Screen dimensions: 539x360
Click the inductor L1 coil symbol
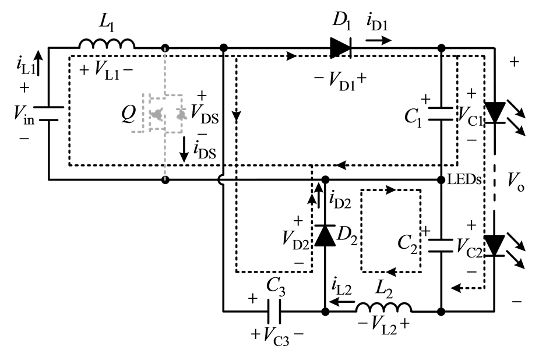[107, 44]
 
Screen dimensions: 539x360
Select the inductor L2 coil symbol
[383, 307]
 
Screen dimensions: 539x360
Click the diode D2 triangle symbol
[325, 235]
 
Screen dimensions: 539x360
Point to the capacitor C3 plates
[274, 312]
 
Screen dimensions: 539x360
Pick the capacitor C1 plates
[441, 114]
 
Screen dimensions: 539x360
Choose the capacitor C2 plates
[441, 246]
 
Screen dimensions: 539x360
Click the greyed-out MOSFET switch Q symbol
[162, 114]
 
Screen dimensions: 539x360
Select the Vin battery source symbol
[48, 114]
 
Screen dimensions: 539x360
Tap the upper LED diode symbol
[495, 112]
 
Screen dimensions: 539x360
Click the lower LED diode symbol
[495, 245]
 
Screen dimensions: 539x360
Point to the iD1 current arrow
[379, 41]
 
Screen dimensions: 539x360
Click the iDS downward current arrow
[185, 150]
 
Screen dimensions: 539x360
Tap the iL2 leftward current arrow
[342, 302]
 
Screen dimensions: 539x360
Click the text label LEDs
[464, 179]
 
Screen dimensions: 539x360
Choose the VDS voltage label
[205, 114]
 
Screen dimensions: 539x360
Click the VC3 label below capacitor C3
[276, 336]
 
